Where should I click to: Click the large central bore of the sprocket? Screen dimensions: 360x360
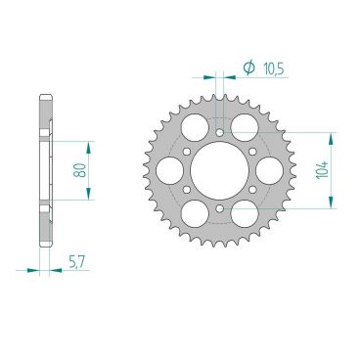click(219, 170)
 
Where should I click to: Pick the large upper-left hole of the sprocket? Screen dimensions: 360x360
click(194, 124)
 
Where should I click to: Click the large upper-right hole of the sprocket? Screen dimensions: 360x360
click(246, 124)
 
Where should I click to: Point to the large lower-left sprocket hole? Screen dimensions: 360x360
click(194, 215)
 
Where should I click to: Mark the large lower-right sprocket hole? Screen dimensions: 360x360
click(246, 215)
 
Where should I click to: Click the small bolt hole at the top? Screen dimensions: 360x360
click(220, 131)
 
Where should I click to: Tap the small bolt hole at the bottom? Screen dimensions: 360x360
click(220, 208)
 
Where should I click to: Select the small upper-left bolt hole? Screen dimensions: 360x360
click(186, 151)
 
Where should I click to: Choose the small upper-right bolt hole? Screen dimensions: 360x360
click(253, 151)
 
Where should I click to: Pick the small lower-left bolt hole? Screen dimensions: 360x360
click(186, 189)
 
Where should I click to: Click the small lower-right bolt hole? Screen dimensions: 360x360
click(253, 189)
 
